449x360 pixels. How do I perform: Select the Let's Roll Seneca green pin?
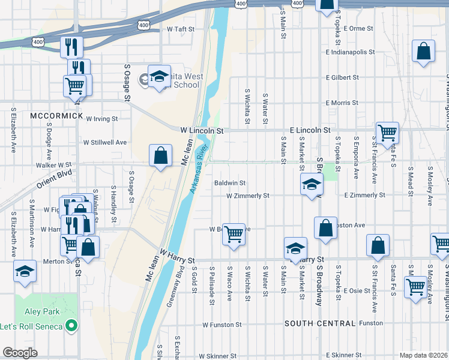(x=72, y=326)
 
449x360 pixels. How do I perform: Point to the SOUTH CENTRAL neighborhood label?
(x=320, y=323)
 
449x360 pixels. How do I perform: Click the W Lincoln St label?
(x=202, y=130)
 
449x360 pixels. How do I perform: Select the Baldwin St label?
(x=230, y=182)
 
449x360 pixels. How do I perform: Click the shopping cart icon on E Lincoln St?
(x=387, y=132)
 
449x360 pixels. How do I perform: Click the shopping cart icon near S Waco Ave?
(x=234, y=234)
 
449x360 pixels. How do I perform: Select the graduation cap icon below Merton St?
(x=25, y=272)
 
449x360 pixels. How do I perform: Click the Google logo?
(x=20, y=353)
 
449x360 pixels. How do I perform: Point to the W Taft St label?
(x=178, y=29)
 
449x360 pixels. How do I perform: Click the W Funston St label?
(x=221, y=325)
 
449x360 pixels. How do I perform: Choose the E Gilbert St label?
(x=342, y=77)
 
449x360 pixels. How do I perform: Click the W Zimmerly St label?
(x=247, y=196)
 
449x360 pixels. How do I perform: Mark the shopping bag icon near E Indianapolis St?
(x=423, y=52)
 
